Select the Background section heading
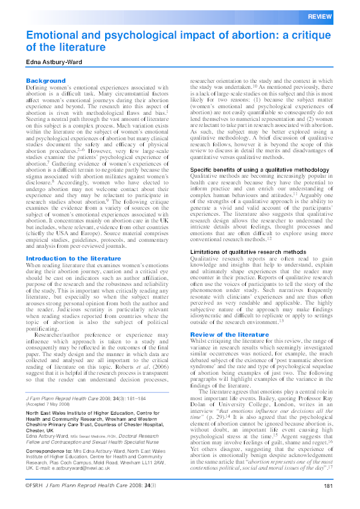45,80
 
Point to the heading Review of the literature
229,334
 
